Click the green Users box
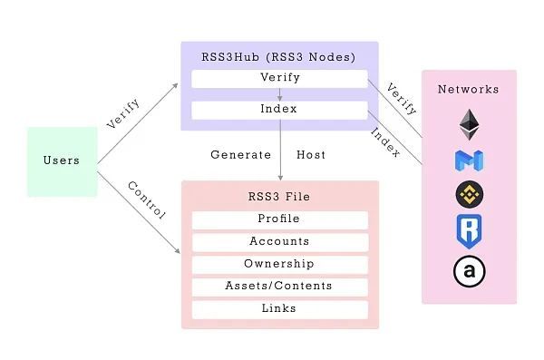coord(63,161)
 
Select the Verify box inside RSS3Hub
coord(279,78)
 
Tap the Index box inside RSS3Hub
coord(279,110)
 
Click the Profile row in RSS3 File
coord(279,219)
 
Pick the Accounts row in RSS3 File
coord(279,242)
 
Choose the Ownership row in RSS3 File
coord(279,264)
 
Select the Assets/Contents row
coord(279,287)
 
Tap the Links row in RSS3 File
coord(279,309)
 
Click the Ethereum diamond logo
coord(469,122)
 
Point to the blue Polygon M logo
coord(469,161)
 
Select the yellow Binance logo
coord(469,194)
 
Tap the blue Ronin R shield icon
coord(469,231)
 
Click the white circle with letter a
coord(469,271)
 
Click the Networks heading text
coord(469,90)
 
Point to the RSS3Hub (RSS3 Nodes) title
coord(279,57)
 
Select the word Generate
coord(241,155)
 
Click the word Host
coord(311,155)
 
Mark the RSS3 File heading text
coord(279,197)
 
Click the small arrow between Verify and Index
coord(279,94)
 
